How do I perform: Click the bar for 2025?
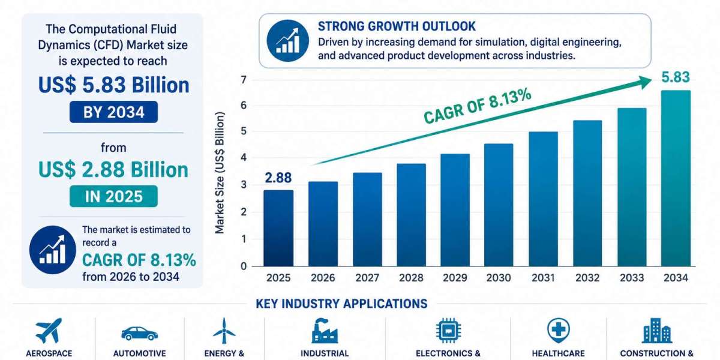[x=278, y=228]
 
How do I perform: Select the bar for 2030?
[x=499, y=205]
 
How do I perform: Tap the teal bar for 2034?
[x=676, y=178]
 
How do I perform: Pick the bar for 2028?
[x=411, y=215]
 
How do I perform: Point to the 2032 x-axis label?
[x=587, y=278]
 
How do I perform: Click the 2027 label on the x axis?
[x=367, y=278]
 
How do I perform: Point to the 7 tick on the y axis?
[x=244, y=80]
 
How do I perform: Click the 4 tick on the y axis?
[x=244, y=157]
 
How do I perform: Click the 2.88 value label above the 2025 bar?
[x=278, y=178]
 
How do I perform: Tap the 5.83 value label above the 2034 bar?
[x=676, y=77]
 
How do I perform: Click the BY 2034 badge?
[x=114, y=112]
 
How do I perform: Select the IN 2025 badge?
[x=114, y=196]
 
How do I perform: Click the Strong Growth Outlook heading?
[x=397, y=26]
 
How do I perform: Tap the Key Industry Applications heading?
[x=341, y=304]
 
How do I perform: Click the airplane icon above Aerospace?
[x=49, y=331]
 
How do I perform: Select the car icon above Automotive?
[x=139, y=334]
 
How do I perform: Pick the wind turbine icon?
[x=224, y=331]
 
